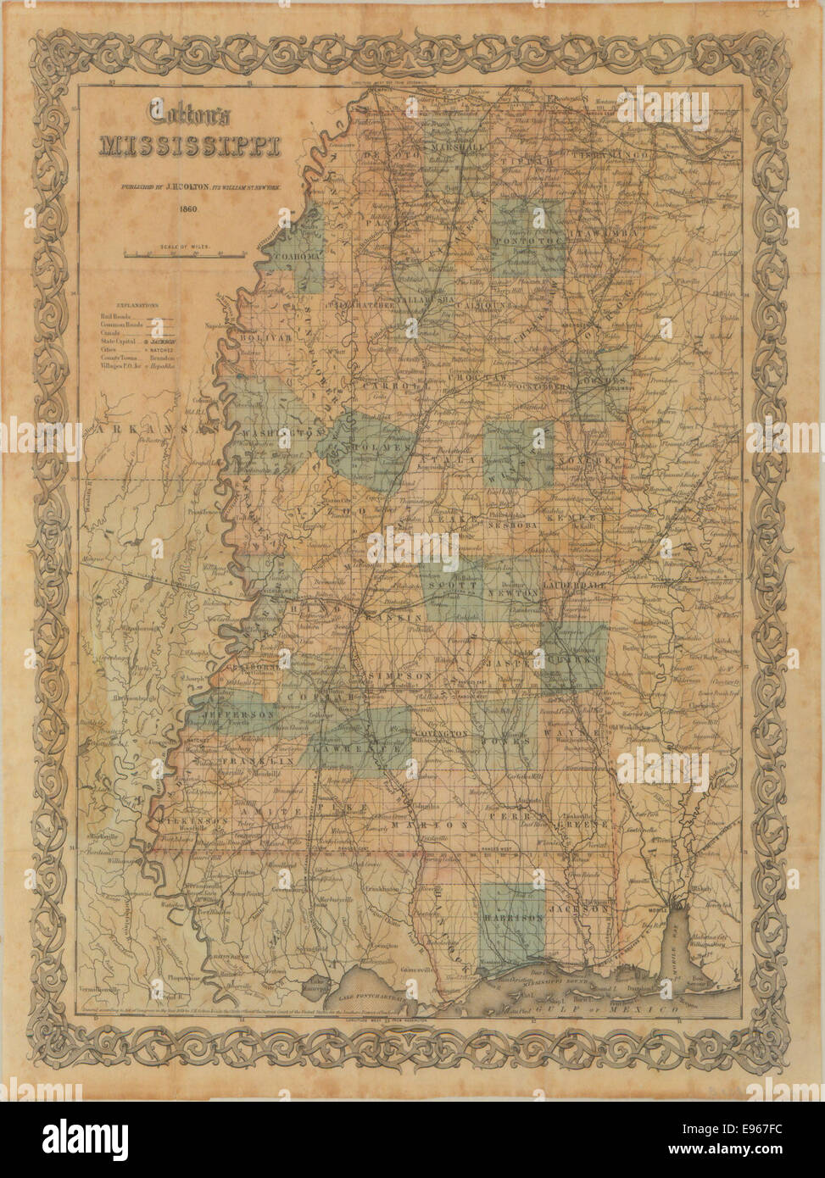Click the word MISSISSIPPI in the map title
tap(190, 145)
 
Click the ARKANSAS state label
tap(153, 431)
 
